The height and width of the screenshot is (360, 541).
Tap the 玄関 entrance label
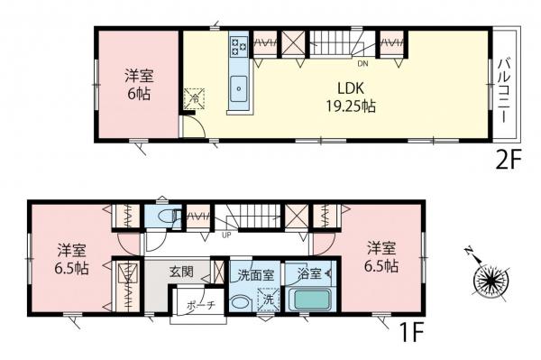[x=185, y=271]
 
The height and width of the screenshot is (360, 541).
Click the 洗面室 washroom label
[x=253, y=272]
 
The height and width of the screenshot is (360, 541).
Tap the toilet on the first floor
[x=163, y=216]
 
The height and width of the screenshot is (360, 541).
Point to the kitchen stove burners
[x=239, y=44]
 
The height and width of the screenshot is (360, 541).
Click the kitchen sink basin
[x=240, y=89]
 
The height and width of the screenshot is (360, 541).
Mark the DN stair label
[x=362, y=65]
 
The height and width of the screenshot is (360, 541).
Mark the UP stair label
[x=227, y=236]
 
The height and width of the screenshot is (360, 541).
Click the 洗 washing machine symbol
[x=267, y=298]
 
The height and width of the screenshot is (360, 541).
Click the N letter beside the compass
[x=470, y=252]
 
